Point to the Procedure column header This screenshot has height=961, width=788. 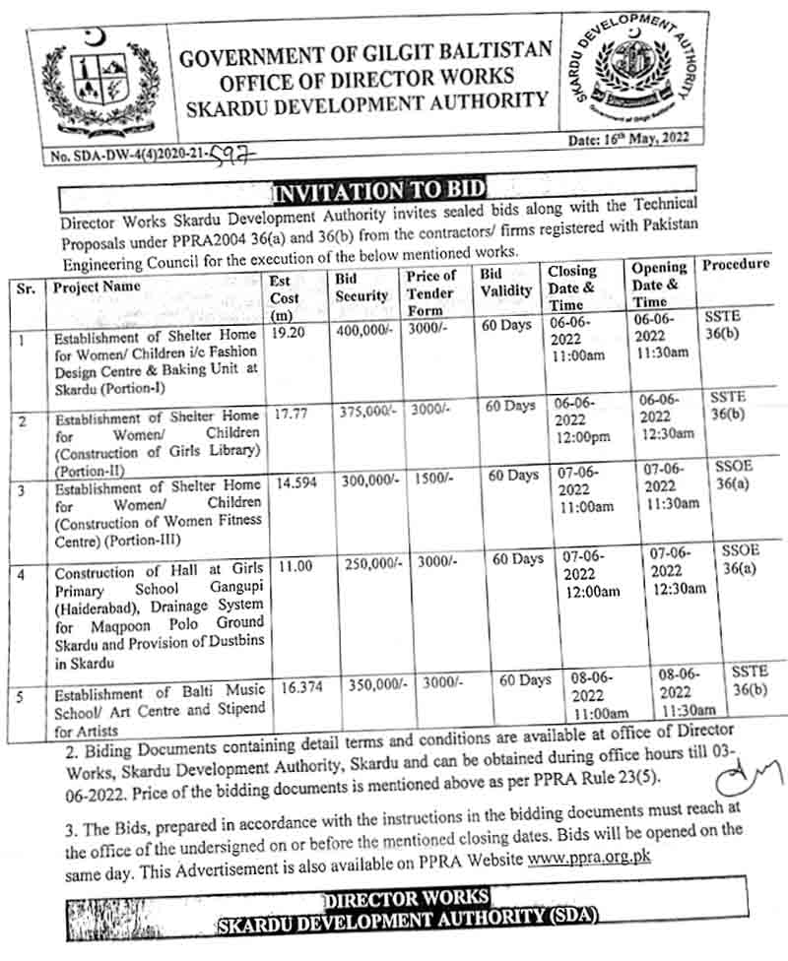coord(736,265)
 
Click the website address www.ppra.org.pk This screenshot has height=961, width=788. coord(589,858)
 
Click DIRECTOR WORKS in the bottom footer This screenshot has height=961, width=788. coord(406,897)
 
